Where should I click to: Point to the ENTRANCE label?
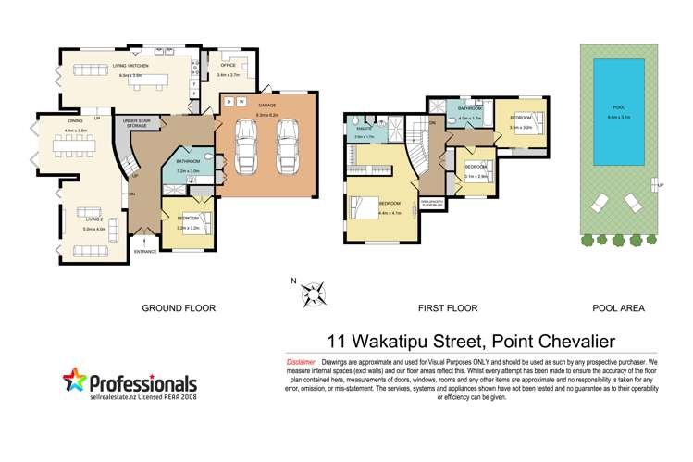point(145,251)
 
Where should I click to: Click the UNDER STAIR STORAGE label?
point(137,123)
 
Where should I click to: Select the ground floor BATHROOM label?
point(188,161)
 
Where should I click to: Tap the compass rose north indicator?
point(315,294)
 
